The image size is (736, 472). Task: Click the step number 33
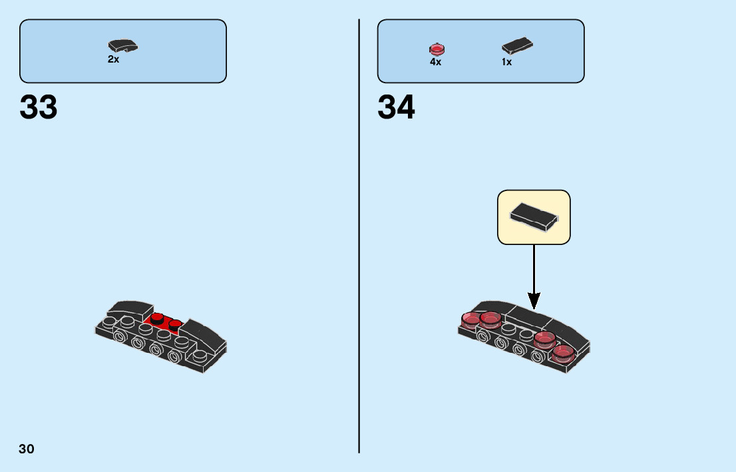[x=39, y=107]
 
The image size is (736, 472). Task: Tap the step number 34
[x=396, y=107]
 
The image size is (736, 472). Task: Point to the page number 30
[x=27, y=449]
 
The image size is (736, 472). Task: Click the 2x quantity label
[x=113, y=59]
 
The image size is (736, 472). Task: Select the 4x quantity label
[x=435, y=62]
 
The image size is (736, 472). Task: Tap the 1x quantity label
[x=506, y=62]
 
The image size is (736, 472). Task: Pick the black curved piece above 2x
[x=123, y=46]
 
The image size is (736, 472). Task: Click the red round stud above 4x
[x=437, y=49]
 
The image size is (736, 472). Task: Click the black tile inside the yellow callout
[x=534, y=216]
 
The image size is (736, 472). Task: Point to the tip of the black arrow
[x=534, y=308]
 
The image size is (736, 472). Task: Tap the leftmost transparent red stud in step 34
[x=470, y=321]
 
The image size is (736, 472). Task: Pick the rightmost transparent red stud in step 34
[x=563, y=353]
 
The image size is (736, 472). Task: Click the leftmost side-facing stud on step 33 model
[x=119, y=337]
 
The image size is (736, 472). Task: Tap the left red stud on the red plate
[x=158, y=318]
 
